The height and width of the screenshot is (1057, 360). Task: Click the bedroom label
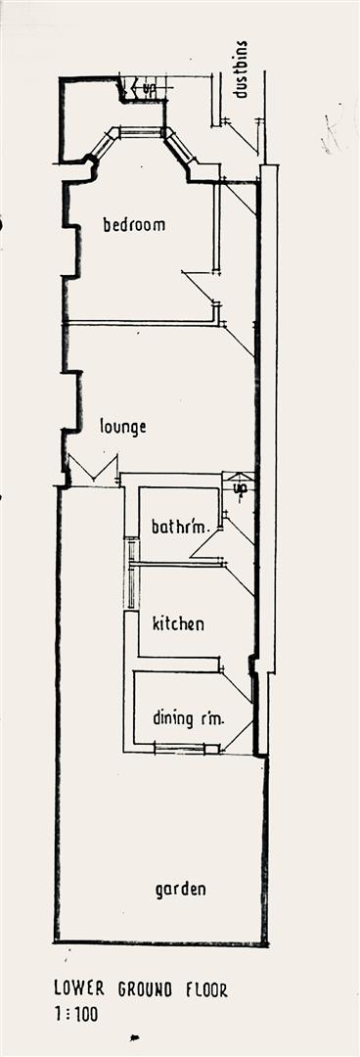(x=134, y=224)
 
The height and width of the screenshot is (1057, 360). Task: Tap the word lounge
(x=123, y=427)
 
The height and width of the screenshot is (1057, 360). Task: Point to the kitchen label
(x=178, y=622)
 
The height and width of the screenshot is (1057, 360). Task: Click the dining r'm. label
(x=188, y=718)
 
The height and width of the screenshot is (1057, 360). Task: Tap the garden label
(x=181, y=890)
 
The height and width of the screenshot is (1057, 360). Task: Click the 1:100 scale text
(x=76, y=1015)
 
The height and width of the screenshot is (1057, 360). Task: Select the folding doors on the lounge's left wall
(x=94, y=470)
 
